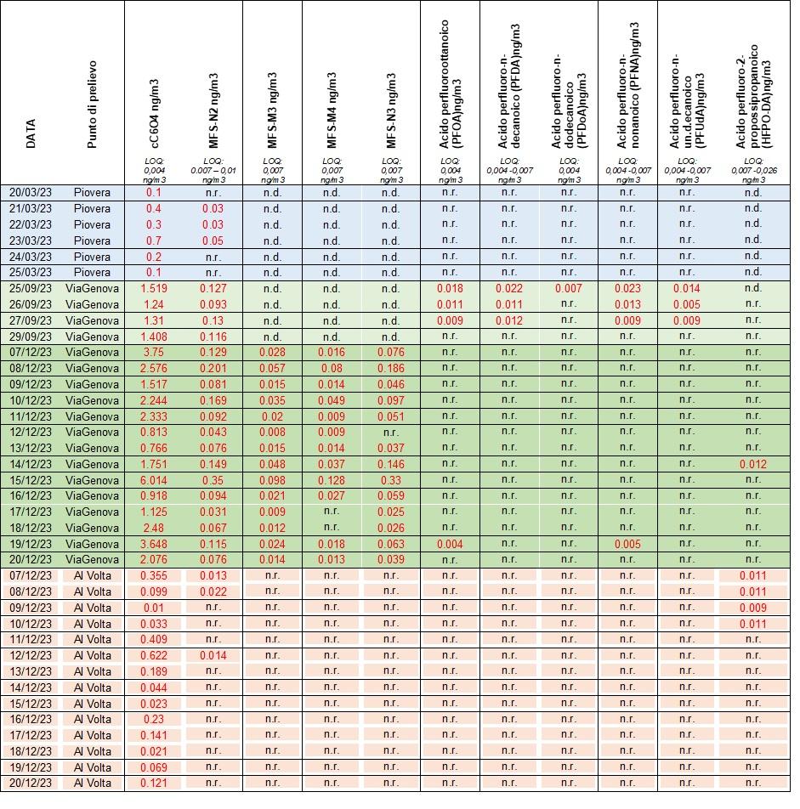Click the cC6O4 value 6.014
(x=154, y=480)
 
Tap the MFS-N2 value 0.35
(x=213, y=480)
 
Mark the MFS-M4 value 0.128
(x=332, y=480)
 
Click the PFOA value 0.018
(x=451, y=289)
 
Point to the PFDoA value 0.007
(x=569, y=289)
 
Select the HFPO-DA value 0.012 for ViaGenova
(x=753, y=464)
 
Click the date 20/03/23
(x=31, y=193)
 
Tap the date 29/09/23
(x=31, y=337)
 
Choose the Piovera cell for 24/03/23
(x=93, y=257)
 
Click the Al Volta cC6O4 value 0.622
(x=154, y=655)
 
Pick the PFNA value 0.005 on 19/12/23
(x=627, y=544)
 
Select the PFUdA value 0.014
(x=687, y=289)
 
